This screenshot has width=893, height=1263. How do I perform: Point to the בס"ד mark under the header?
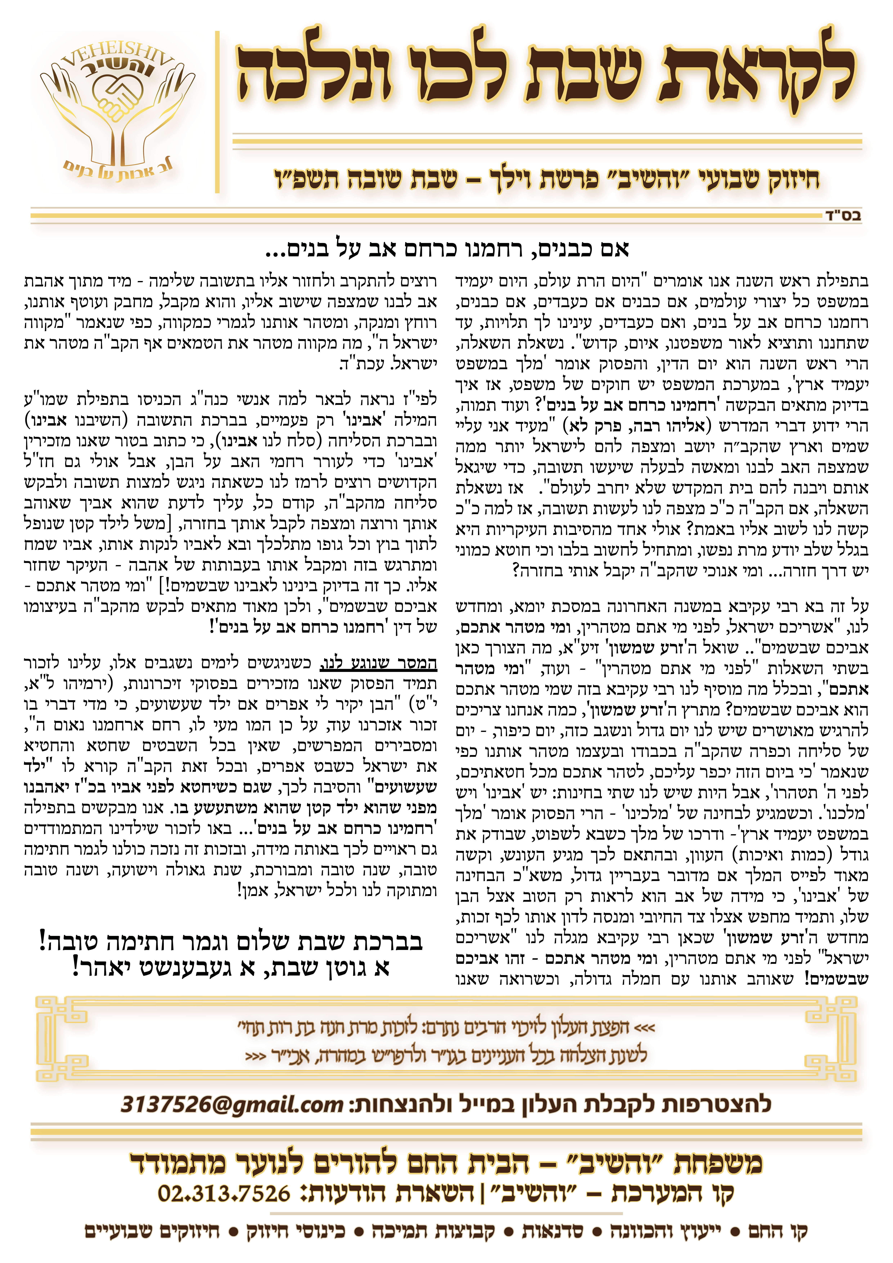point(842,216)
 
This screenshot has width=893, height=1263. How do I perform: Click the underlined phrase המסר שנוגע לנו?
point(379,663)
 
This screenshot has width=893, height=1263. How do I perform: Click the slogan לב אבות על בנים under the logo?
point(118,169)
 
